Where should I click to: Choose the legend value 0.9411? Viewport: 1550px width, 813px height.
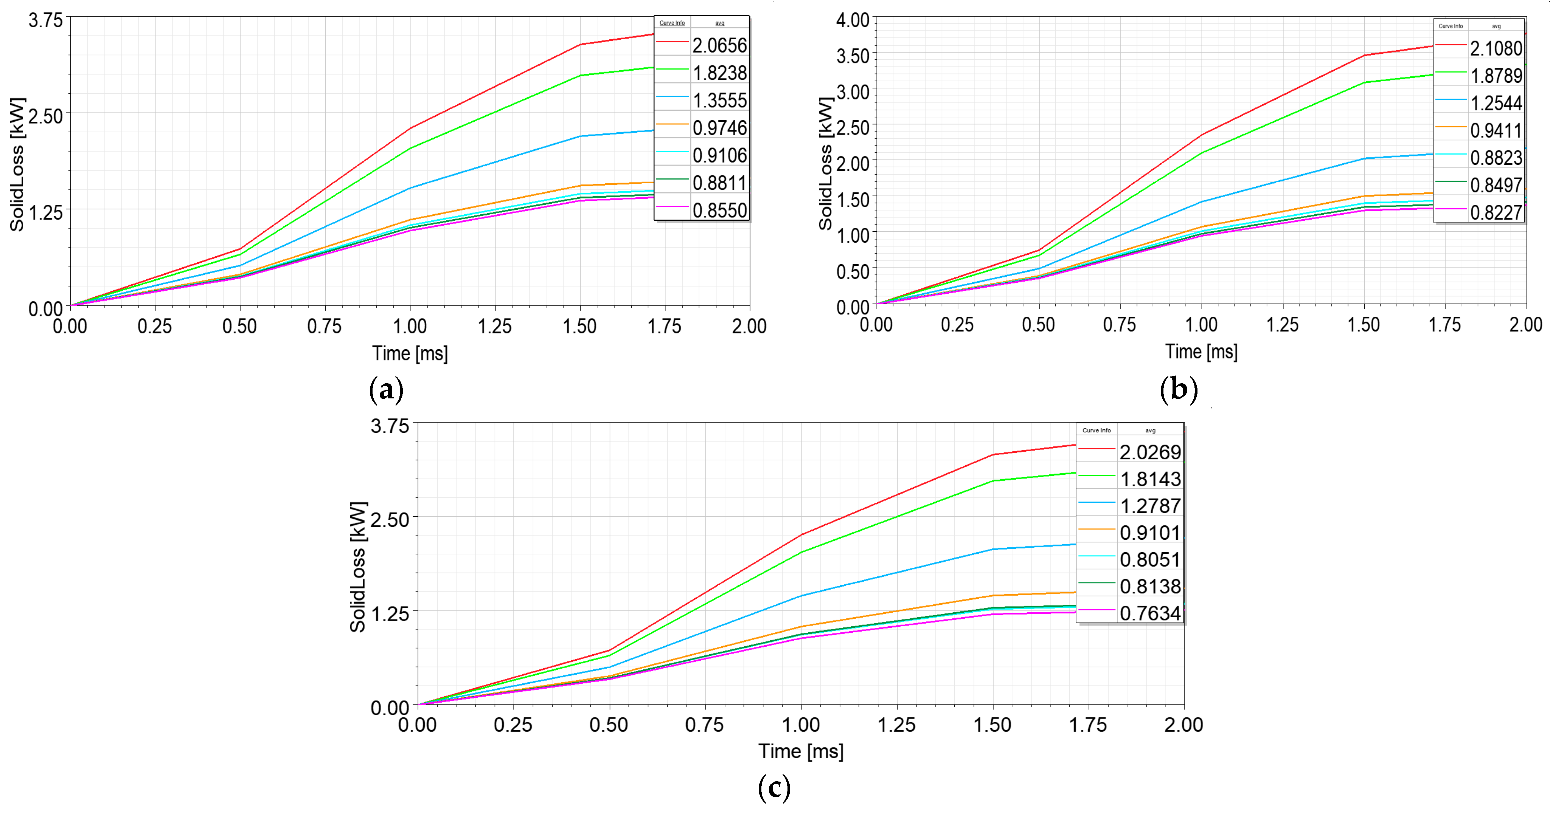click(x=1496, y=130)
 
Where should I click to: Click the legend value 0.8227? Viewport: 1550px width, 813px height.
click(x=1496, y=213)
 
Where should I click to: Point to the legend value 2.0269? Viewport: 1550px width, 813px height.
click(x=1150, y=452)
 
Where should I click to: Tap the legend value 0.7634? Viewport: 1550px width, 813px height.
click(x=1150, y=613)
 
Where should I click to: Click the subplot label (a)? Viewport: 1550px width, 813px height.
click(x=386, y=390)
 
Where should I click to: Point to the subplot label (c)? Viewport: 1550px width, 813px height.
click(x=774, y=787)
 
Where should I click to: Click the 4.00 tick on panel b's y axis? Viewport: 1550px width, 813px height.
click(x=853, y=20)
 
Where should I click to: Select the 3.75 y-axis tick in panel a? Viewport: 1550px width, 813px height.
click(x=46, y=20)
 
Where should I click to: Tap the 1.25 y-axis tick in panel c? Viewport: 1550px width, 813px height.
click(x=390, y=614)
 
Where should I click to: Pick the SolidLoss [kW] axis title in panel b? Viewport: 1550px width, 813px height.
click(x=826, y=164)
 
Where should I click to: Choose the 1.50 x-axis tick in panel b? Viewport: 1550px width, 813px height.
click(x=1364, y=325)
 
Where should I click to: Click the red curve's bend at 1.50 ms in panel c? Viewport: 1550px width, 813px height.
click(x=993, y=455)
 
